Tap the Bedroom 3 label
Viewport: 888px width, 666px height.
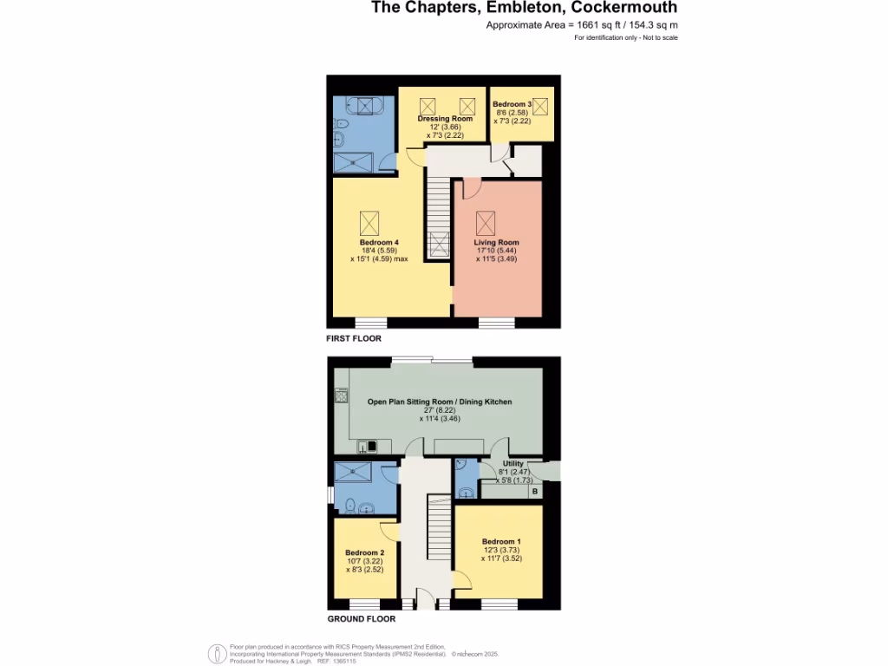click(x=511, y=104)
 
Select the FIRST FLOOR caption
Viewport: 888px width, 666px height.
click(x=354, y=338)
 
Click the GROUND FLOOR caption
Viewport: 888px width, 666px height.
click(x=361, y=619)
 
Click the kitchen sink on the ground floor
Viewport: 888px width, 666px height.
click(x=367, y=447)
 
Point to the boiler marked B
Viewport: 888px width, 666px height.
click(x=535, y=492)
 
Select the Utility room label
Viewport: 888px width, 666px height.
click(x=513, y=464)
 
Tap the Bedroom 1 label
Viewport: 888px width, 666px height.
click(x=499, y=540)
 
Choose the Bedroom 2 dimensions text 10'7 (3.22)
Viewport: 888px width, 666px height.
click(x=363, y=561)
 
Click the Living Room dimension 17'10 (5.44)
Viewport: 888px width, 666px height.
click(x=496, y=251)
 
